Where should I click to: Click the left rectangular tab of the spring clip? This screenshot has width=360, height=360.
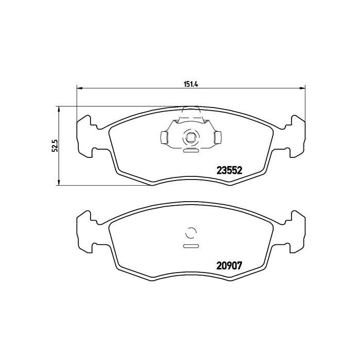164,137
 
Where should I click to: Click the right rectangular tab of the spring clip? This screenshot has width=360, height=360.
218,137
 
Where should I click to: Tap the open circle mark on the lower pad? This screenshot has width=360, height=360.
190,233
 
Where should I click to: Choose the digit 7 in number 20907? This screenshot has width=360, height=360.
239,267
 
